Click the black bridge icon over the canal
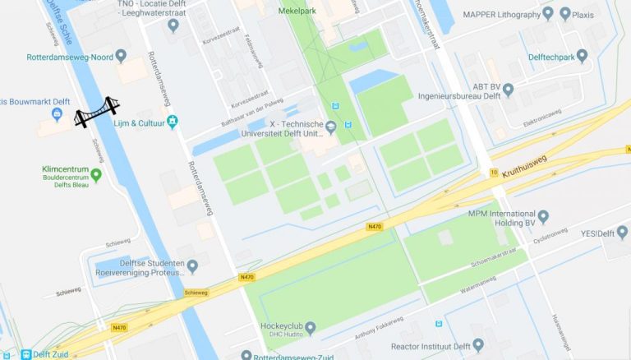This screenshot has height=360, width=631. (97, 112)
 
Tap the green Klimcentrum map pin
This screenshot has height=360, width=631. (96, 174)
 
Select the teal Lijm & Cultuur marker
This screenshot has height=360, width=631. (172, 122)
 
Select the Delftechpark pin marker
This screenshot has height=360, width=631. (583, 57)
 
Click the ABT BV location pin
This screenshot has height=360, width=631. (508, 89)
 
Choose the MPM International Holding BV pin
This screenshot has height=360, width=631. (543, 216)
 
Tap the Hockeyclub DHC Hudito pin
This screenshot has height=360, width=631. (311, 329)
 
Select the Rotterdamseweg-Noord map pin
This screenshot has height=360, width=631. (121, 56)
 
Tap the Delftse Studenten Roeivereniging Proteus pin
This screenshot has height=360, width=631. (192, 265)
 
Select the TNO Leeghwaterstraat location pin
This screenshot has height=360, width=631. (172, 25)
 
